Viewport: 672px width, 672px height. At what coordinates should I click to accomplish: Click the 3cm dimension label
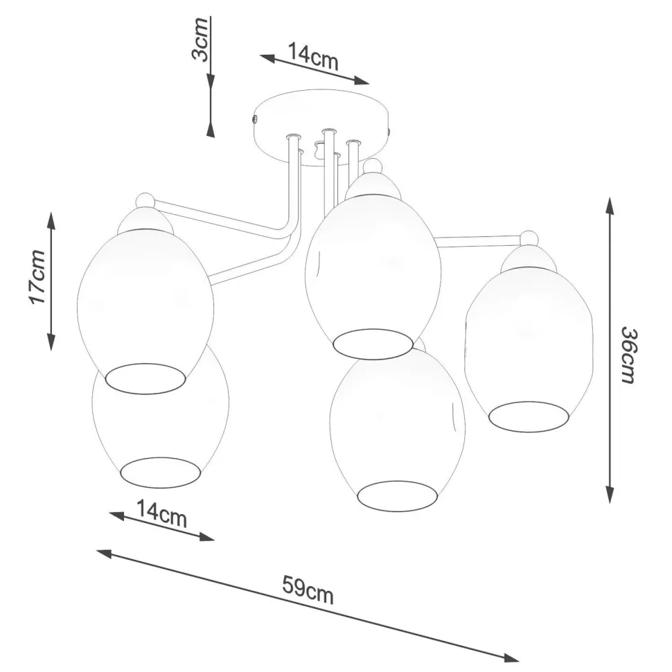(200, 44)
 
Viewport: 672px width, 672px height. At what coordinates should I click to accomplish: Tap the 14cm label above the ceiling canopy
(313, 57)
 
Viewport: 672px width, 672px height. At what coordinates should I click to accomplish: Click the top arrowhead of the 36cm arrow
(609, 205)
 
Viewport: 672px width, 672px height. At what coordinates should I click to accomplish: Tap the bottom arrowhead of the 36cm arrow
(610, 495)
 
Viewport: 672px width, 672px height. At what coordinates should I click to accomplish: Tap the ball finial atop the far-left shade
(144, 201)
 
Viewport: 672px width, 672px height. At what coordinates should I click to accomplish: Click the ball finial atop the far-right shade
(529, 238)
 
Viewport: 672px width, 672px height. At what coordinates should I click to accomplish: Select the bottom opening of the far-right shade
(529, 415)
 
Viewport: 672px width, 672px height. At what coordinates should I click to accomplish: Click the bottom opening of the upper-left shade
(145, 378)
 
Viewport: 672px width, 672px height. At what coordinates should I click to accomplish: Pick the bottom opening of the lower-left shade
(161, 472)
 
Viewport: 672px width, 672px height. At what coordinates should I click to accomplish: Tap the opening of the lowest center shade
(398, 495)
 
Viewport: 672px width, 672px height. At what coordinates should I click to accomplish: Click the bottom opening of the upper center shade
(372, 344)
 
